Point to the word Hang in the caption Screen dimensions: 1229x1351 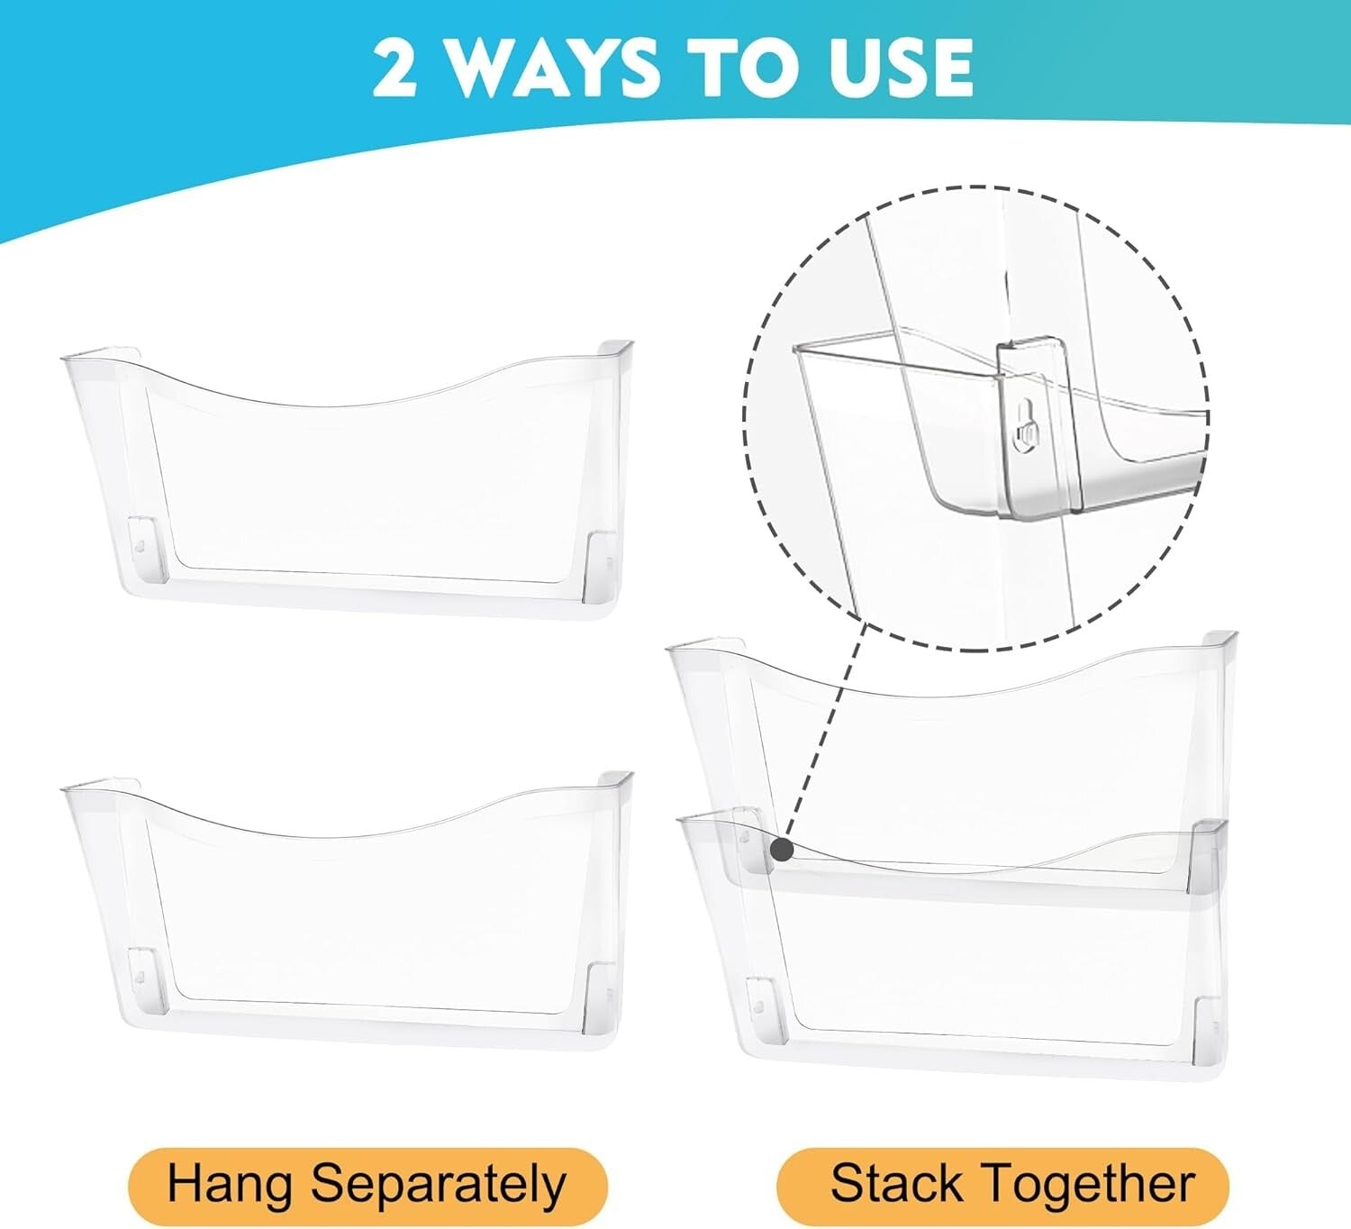(229, 1186)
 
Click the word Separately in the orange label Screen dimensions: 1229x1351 (439, 1186)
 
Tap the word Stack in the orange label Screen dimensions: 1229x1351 (896, 1183)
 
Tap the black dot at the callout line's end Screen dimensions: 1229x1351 (782, 849)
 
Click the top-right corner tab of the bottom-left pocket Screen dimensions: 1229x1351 (615, 779)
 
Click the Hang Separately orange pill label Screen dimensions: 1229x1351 (367, 1186)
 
